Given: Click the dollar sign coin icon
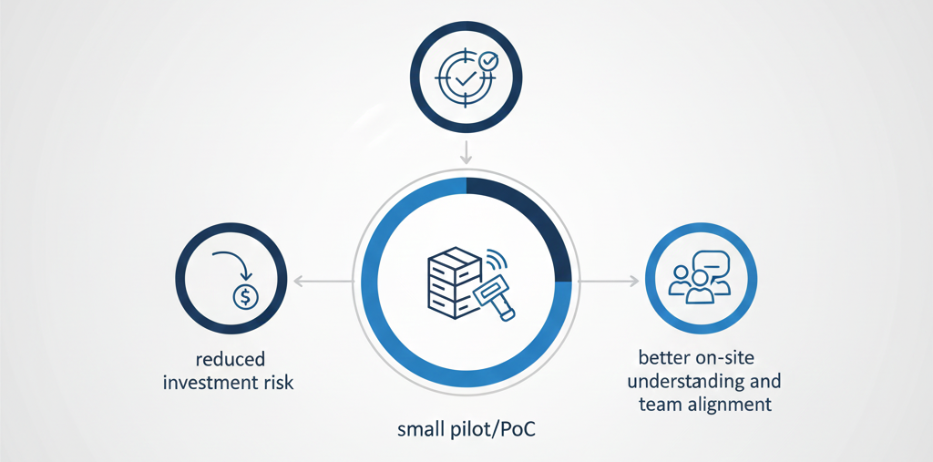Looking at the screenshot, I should coord(245,296).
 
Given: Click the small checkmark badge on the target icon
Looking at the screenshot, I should coord(488,62).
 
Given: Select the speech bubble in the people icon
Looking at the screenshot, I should coord(716,262).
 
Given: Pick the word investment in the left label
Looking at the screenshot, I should coord(209,383).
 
